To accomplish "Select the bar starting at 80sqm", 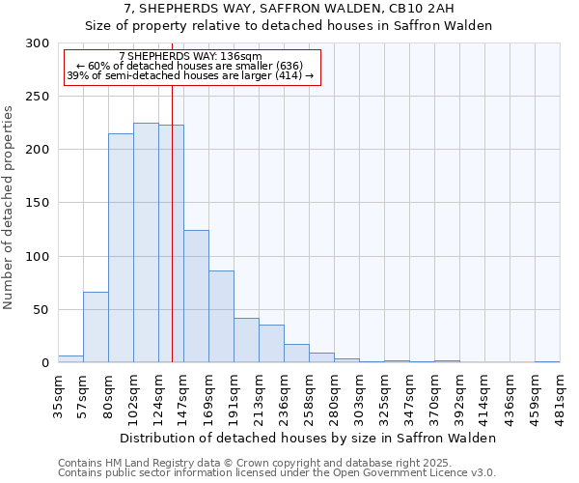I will click(x=121, y=248).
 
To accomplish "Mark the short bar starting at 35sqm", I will click(x=70, y=358).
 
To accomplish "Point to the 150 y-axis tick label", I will click(x=39, y=203).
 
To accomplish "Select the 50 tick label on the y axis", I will click(x=42, y=310).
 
